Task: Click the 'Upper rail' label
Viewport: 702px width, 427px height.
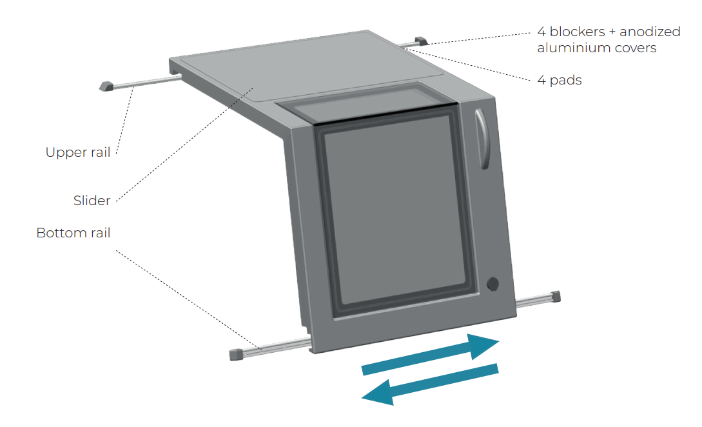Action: (x=78, y=152)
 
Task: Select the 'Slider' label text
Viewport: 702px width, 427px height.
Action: (x=92, y=201)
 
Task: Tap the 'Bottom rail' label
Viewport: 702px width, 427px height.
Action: (x=73, y=233)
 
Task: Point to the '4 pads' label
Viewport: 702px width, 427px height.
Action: (x=560, y=80)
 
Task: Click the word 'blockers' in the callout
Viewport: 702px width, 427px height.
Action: (x=578, y=32)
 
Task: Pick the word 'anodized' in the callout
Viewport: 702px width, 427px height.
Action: (x=650, y=32)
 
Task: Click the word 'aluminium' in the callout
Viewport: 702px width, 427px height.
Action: (x=569, y=48)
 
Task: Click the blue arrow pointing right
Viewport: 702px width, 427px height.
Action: (x=430, y=354)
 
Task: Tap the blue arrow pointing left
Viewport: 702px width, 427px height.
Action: (x=430, y=384)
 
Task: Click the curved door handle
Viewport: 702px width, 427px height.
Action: (x=482, y=139)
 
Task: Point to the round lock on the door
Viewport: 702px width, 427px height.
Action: (x=493, y=284)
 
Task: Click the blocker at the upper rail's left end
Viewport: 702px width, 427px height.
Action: (x=106, y=86)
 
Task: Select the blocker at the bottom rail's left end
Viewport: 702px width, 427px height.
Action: (x=237, y=354)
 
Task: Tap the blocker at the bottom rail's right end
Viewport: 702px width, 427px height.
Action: (x=556, y=296)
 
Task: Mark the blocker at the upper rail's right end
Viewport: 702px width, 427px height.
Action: (x=422, y=41)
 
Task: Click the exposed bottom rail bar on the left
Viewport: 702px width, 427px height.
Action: (x=278, y=347)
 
